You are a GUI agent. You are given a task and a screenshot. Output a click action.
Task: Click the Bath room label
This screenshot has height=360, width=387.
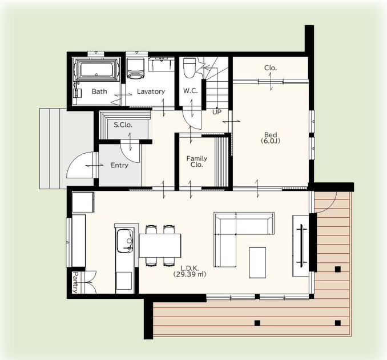[99, 91]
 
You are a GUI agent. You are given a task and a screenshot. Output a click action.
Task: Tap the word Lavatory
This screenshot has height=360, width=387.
[151, 91]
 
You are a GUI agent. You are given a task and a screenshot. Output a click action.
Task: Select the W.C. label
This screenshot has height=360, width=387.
[191, 91]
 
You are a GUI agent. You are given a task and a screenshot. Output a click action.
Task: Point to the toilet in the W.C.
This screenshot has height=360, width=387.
[190, 67]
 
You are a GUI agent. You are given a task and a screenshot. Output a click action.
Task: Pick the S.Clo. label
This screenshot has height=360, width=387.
[123, 125]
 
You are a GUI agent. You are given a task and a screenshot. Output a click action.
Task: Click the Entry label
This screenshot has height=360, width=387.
[119, 165]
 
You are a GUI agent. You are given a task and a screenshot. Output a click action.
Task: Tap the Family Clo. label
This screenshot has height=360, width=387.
[197, 161]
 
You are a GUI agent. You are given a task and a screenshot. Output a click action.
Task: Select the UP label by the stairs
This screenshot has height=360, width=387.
[217, 112]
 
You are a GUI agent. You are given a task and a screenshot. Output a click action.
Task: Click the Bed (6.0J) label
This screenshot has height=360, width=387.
[271, 138]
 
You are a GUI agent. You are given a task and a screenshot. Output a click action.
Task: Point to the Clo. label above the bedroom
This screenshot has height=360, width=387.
[271, 67]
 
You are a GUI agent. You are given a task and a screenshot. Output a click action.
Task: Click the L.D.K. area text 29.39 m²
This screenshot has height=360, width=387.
[190, 274]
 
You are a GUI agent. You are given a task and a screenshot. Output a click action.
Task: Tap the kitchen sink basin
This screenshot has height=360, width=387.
[125, 241]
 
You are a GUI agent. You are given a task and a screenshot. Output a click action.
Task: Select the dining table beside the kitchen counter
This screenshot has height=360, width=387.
[160, 246]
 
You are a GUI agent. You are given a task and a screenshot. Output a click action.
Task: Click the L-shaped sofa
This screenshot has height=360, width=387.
[236, 227]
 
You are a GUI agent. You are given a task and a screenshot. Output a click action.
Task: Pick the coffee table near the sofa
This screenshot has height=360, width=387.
[257, 262]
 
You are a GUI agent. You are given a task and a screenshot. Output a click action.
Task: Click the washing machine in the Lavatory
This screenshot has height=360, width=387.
[135, 68]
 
